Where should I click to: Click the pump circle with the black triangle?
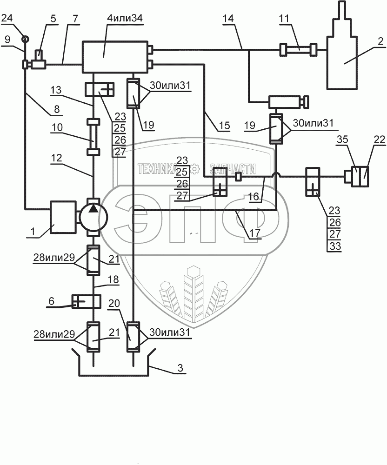click(93, 215)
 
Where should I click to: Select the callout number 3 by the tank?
click(180, 368)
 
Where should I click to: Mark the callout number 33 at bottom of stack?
click(335, 246)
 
